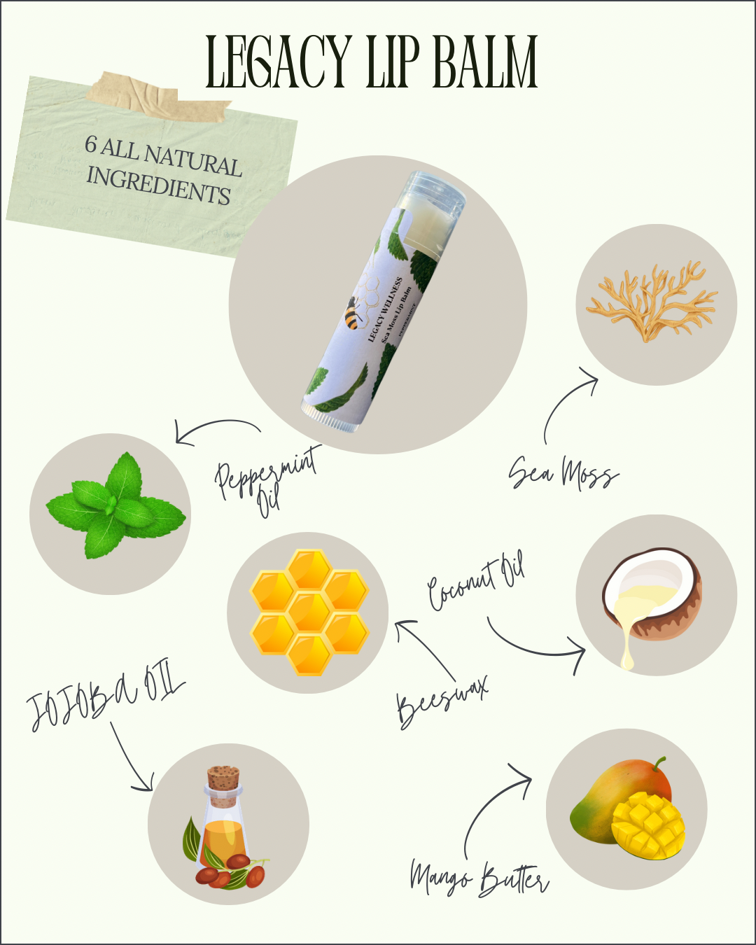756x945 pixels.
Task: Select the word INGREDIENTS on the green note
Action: tap(158, 185)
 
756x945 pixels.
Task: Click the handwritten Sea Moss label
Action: tap(563, 474)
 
